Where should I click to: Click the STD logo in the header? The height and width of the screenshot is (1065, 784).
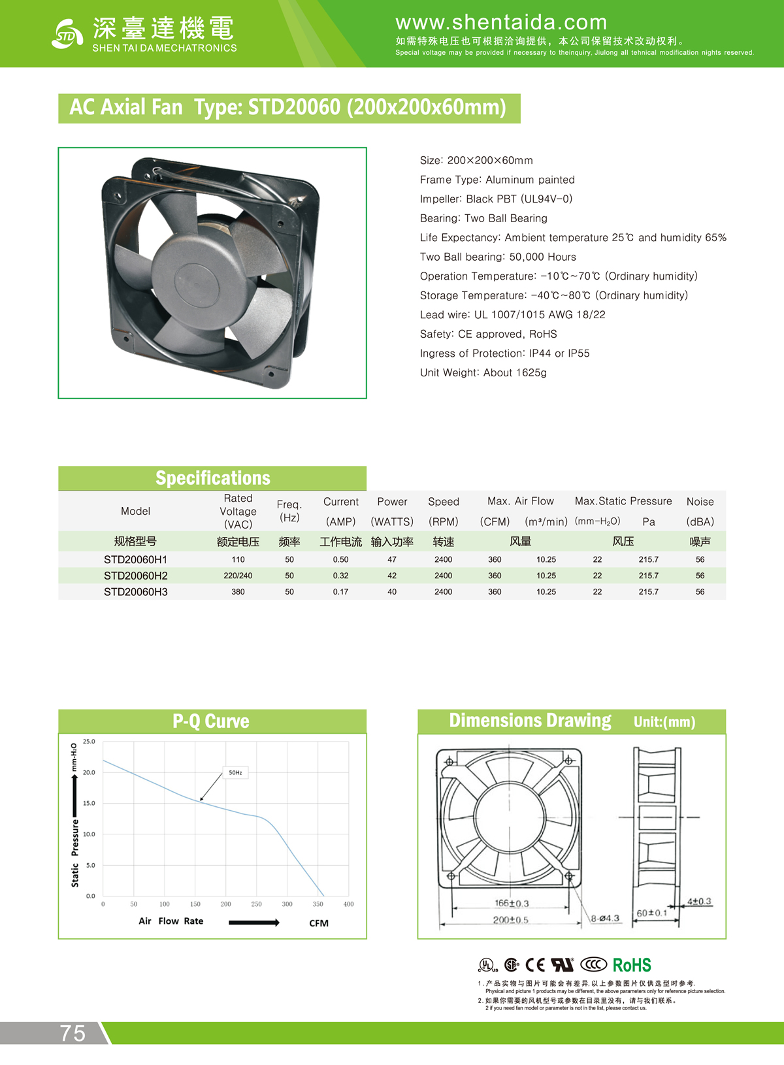pyautogui.click(x=67, y=34)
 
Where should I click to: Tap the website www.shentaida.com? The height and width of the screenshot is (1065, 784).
pyautogui.click(x=501, y=23)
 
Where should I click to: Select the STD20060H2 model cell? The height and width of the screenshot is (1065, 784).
pyautogui.click(x=135, y=576)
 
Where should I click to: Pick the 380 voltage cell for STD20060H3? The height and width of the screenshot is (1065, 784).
pyautogui.click(x=238, y=592)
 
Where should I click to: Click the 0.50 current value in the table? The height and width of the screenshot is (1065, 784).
pyautogui.click(x=340, y=560)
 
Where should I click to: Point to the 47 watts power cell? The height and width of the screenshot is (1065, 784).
pyautogui.click(x=392, y=560)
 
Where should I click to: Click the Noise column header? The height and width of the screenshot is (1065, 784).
pyautogui.click(x=700, y=502)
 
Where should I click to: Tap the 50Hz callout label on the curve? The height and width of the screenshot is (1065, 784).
pyautogui.click(x=235, y=773)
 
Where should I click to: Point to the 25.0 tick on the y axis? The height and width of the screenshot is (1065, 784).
pyautogui.click(x=89, y=742)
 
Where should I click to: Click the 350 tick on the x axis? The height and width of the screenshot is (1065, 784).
pyautogui.click(x=318, y=904)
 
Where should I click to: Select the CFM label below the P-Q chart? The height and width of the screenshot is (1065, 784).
pyautogui.click(x=319, y=923)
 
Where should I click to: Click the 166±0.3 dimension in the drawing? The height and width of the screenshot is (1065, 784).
pyautogui.click(x=512, y=904)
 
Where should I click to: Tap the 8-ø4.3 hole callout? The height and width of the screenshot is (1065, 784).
pyautogui.click(x=605, y=919)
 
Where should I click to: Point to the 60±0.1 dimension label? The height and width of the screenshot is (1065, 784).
pyautogui.click(x=652, y=913)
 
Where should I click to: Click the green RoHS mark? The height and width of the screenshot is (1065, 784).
pyautogui.click(x=632, y=965)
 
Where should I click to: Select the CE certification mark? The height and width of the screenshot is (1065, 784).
pyautogui.click(x=535, y=965)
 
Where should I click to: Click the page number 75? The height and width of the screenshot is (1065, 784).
pyautogui.click(x=73, y=1033)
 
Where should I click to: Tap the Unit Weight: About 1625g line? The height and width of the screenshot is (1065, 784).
pyautogui.click(x=483, y=372)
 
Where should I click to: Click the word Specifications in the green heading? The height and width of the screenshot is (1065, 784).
pyautogui.click(x=212, y=478)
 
